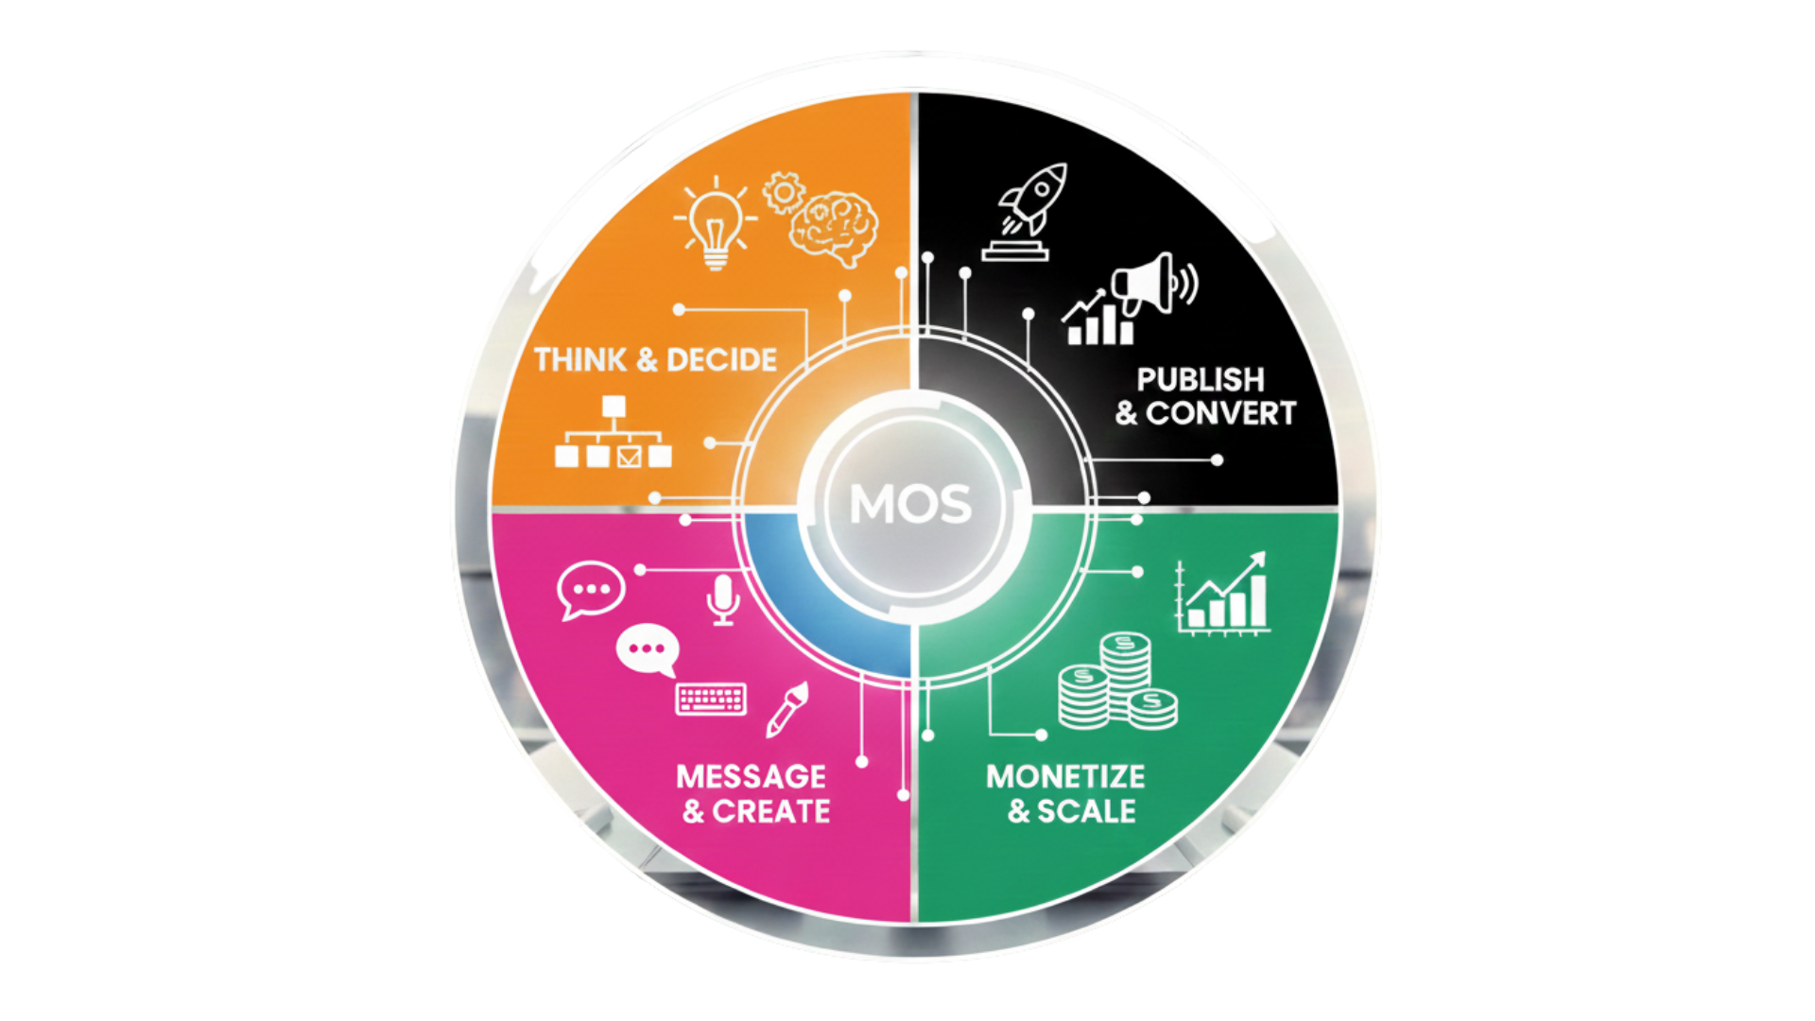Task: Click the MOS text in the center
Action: click(910, 504)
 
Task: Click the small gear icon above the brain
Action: click(783, 192)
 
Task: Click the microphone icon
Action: click(723, 599)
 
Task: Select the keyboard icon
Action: click(711, 700)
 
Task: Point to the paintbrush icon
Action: click(786, 708)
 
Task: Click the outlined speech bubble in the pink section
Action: click(591, 590)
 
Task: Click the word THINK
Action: click(580, 360)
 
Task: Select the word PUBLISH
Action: click(1201, 380)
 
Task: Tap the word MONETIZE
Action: click(1065, 777)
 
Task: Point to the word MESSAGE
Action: click(752, 777)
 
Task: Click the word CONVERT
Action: click(1220, 414)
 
